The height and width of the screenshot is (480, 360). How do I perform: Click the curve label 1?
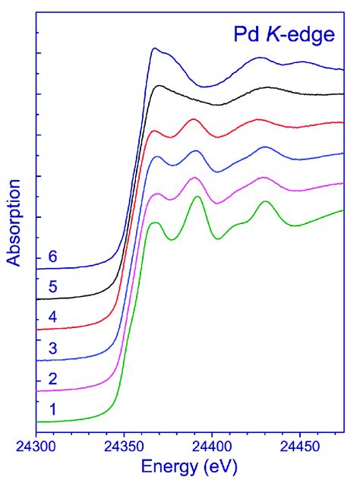coord(52,409)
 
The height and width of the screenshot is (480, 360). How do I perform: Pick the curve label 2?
coord(52,378)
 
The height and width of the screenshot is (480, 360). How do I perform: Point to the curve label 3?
coord(52,348)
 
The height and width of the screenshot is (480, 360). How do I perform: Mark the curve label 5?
coord(52,287)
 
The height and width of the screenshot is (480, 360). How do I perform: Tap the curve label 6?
coord(52,257)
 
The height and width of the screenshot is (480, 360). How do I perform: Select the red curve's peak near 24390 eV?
coord(193,119)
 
